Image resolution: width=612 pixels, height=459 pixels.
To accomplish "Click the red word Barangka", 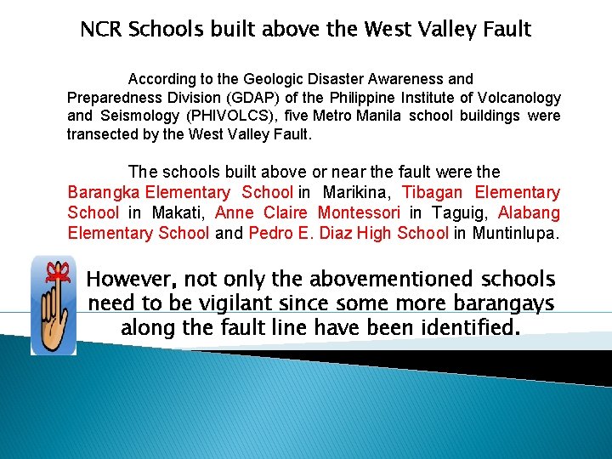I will point(105,193).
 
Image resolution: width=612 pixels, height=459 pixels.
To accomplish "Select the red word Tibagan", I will point(433,193).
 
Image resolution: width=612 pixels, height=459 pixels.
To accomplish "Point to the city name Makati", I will point(173,212).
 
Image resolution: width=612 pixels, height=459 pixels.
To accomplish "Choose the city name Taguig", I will point(456,212).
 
